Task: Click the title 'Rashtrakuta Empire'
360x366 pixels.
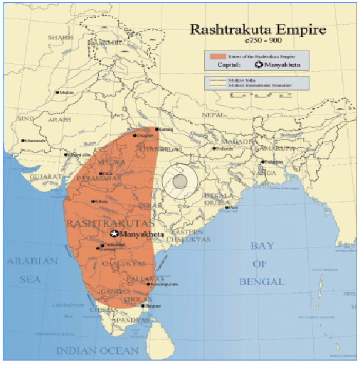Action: click(x=257, y=30)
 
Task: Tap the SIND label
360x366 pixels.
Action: click(x=26, y=118)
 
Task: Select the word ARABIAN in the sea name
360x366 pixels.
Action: click(x=32, y=262)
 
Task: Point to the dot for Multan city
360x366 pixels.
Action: click(x=60, y=92)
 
